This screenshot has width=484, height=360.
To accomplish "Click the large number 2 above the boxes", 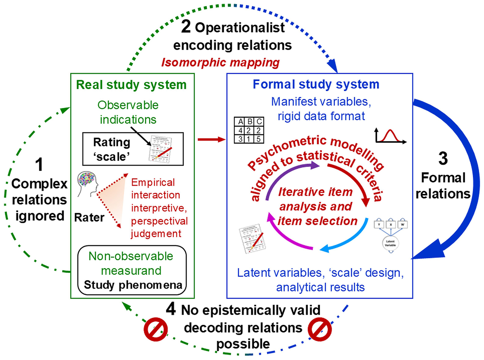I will (x=186, y=26).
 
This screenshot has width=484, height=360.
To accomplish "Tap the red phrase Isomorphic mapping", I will (x=220, y=63).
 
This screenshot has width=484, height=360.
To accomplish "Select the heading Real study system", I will (x=131, y=85).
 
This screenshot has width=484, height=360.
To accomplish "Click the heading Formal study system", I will (x=316, y=84).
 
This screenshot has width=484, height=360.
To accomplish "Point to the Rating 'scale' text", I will (x=111, y=149).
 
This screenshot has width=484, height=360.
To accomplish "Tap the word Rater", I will (x=89, y=217).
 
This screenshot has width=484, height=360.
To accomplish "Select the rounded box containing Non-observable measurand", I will (x=132, y=270).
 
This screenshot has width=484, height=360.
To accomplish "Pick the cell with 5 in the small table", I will (x=258, y=139).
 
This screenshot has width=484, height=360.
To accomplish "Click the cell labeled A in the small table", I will (x=240, y=122).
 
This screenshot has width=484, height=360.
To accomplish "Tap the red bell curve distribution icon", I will (x=390, y=136).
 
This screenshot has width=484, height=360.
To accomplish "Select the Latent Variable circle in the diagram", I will (x=390, y=243).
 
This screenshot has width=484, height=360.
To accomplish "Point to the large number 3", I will (x=443, y=158).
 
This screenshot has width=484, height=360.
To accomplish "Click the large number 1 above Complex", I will (x=39, y=165).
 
